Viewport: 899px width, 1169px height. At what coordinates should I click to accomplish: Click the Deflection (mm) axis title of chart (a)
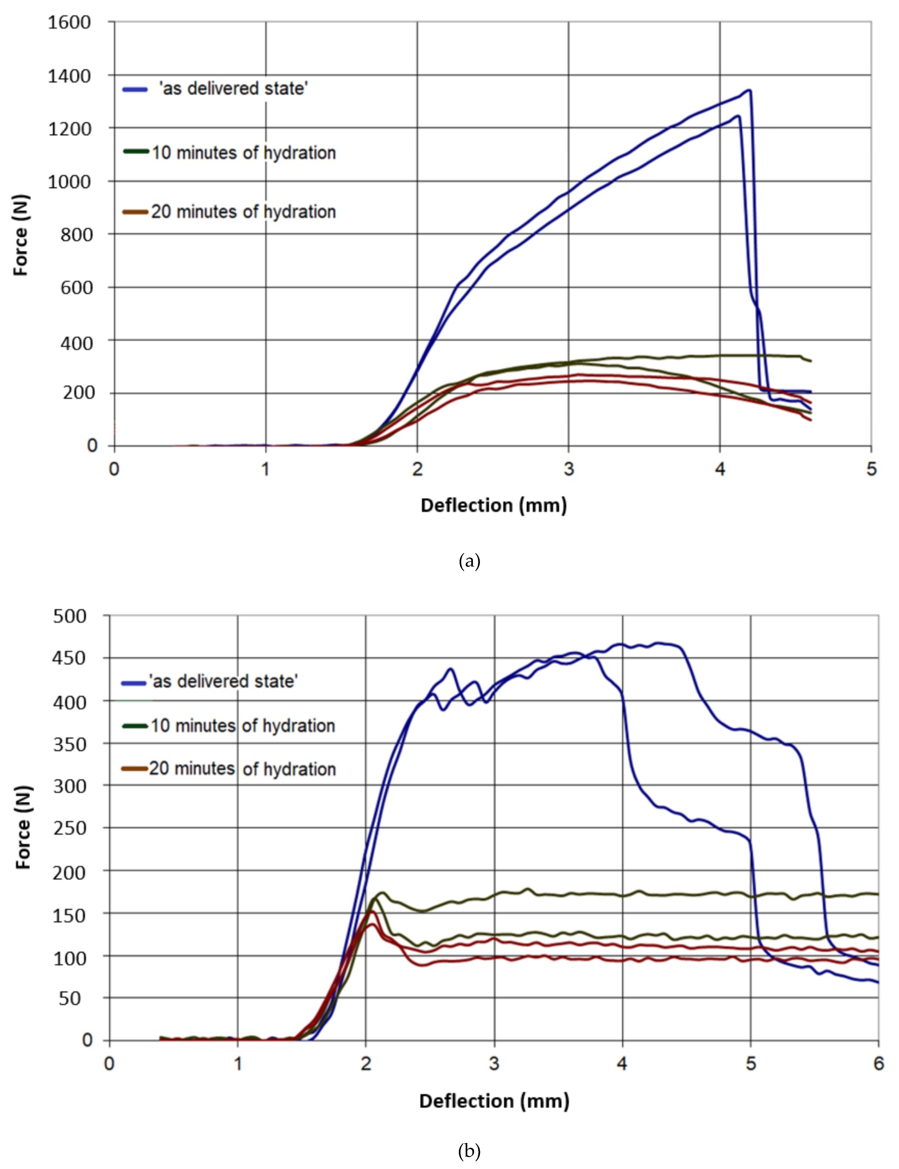pos(493,505)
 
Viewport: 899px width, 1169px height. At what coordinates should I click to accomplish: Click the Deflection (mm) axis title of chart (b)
pos(493,1101)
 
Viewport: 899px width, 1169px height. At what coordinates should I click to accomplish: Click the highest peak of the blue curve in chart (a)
pos(749,90)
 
